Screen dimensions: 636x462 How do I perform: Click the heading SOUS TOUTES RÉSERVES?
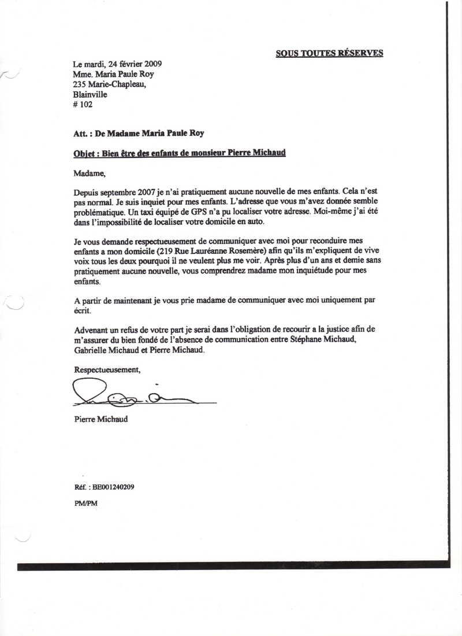[x=329, y=53]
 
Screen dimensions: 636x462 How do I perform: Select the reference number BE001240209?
[x=113, y=487]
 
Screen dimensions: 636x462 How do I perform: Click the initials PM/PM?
[x=86, y=503]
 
